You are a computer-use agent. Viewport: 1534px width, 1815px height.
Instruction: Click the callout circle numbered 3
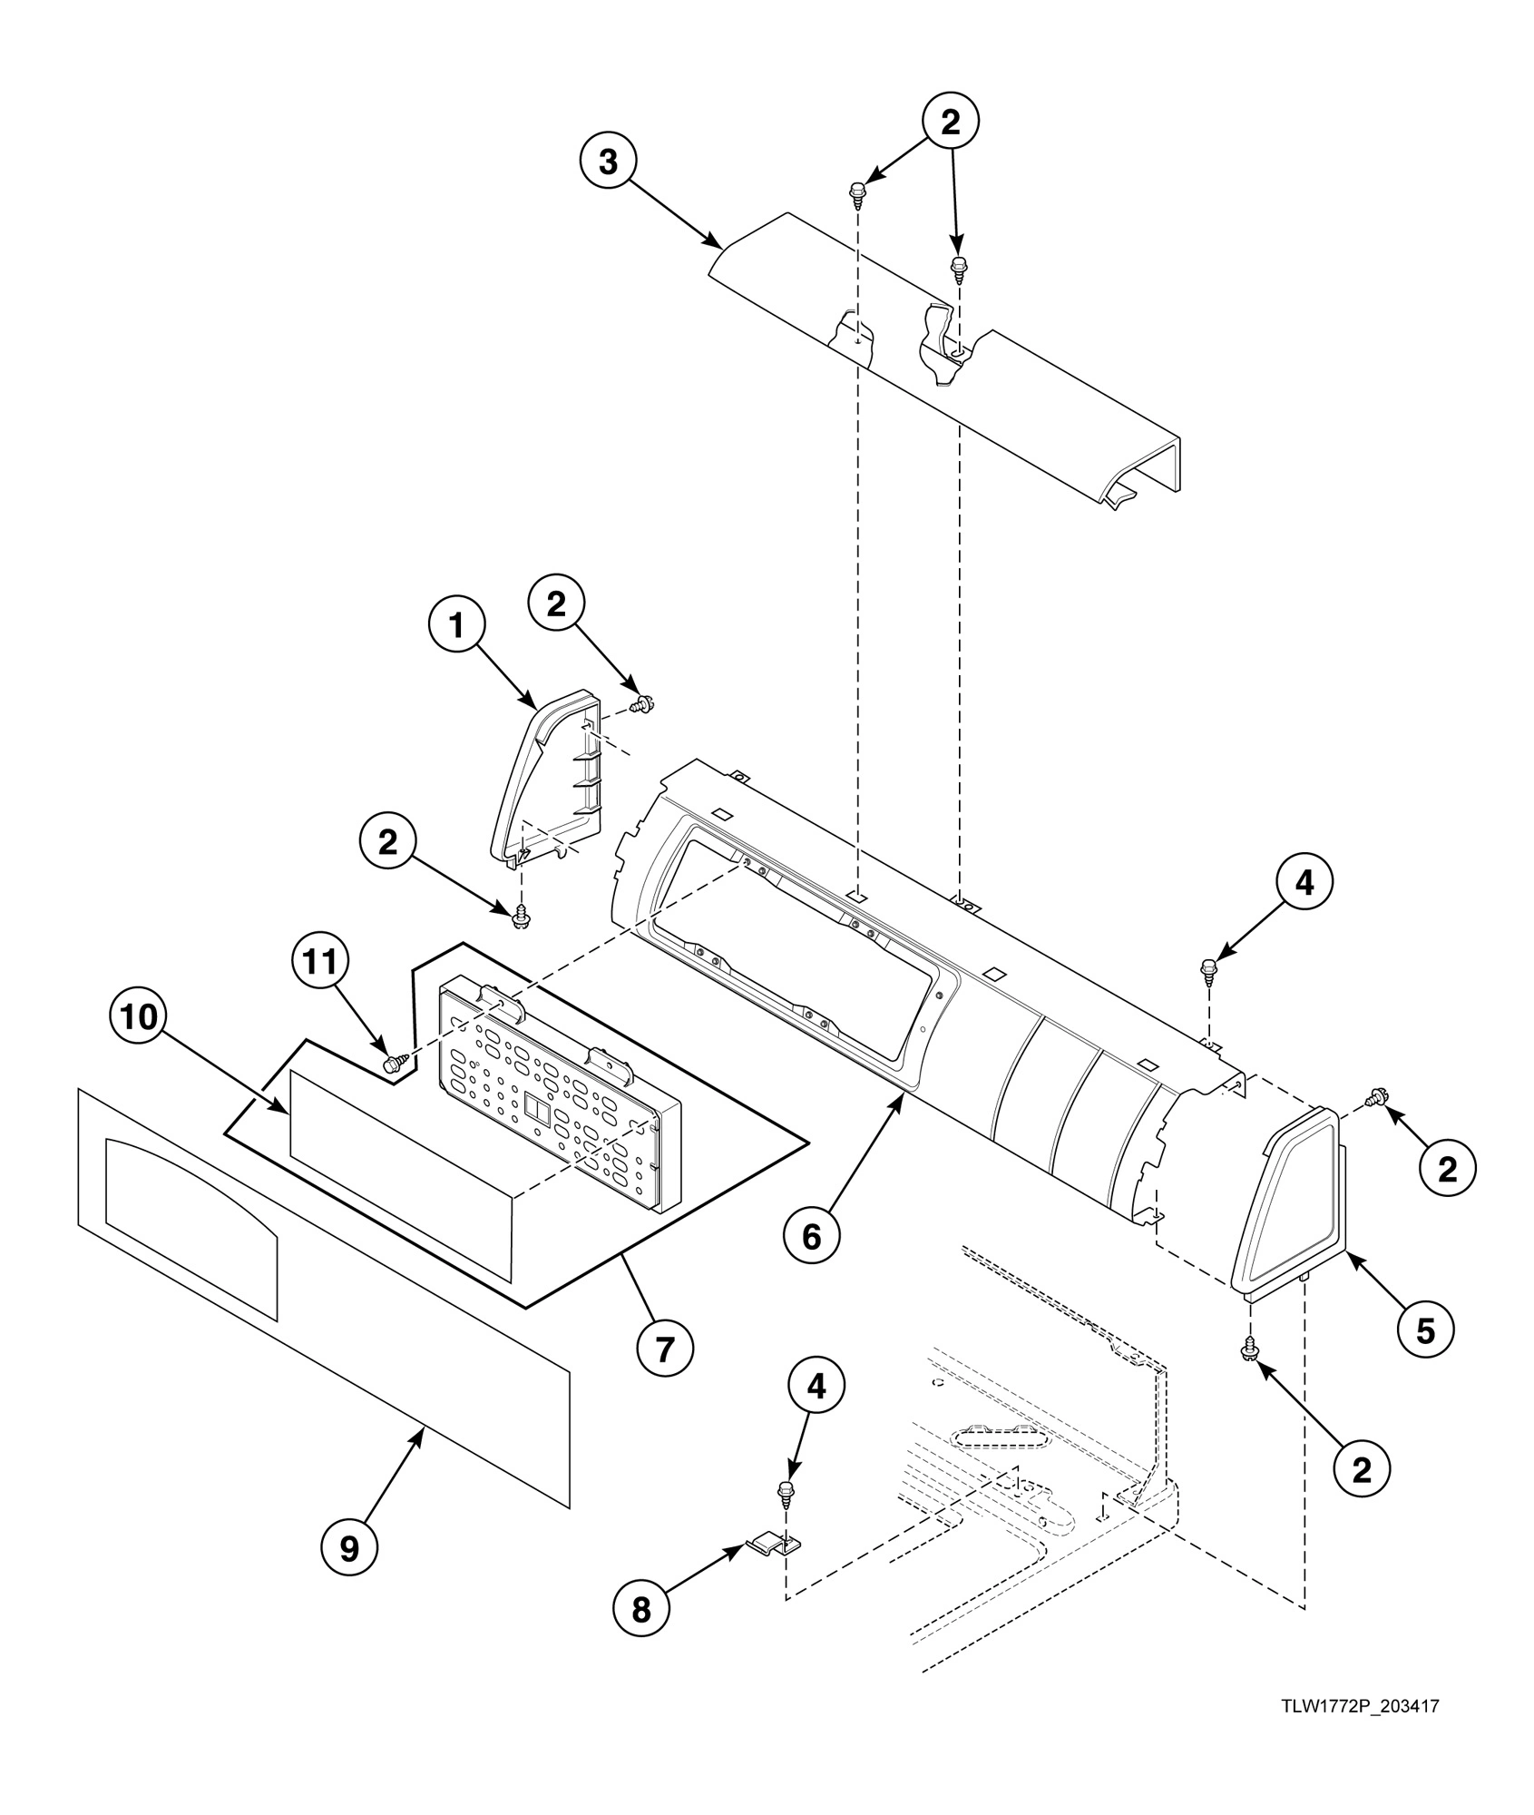click(x=608, y=163)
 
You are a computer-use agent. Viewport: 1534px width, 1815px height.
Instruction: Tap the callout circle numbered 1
click(x=456, y=625)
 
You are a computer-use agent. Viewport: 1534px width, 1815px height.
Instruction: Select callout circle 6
click(x=811, y=1236)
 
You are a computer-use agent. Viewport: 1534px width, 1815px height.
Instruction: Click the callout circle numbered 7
click(x=664, y=1350)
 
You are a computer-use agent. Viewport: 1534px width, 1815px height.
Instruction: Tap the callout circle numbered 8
click(x=640, y=1610)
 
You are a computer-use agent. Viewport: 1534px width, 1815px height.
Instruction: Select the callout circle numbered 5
click(x=1425, y=1331)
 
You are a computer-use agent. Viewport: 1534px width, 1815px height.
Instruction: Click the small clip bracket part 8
click(x=777, y=1541)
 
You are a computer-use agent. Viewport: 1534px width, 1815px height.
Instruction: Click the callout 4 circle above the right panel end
click(x=1304, y=883)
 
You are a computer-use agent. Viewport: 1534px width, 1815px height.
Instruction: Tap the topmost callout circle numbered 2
click(x=950, y=123)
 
